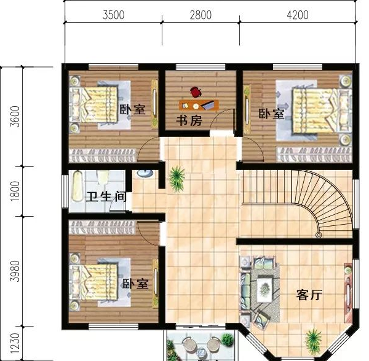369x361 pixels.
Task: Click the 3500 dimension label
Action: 113,15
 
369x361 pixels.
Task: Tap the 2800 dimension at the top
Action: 200,15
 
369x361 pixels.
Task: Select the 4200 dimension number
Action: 298,15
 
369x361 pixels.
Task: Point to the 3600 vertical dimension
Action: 15,117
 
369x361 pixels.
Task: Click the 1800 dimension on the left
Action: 15,191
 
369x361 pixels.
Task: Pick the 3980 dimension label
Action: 15,271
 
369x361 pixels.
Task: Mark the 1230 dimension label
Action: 15,343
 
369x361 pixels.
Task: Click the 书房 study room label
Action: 189,121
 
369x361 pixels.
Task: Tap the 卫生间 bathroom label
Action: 106,197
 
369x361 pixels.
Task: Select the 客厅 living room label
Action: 309,295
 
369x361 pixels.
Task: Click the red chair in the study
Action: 196,92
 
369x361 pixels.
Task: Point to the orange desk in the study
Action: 199,105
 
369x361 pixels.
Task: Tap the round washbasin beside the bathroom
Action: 145,173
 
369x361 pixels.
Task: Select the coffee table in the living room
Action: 264,289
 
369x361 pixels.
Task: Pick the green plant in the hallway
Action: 177,179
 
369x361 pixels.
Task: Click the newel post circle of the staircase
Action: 319,235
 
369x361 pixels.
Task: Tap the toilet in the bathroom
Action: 103,177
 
